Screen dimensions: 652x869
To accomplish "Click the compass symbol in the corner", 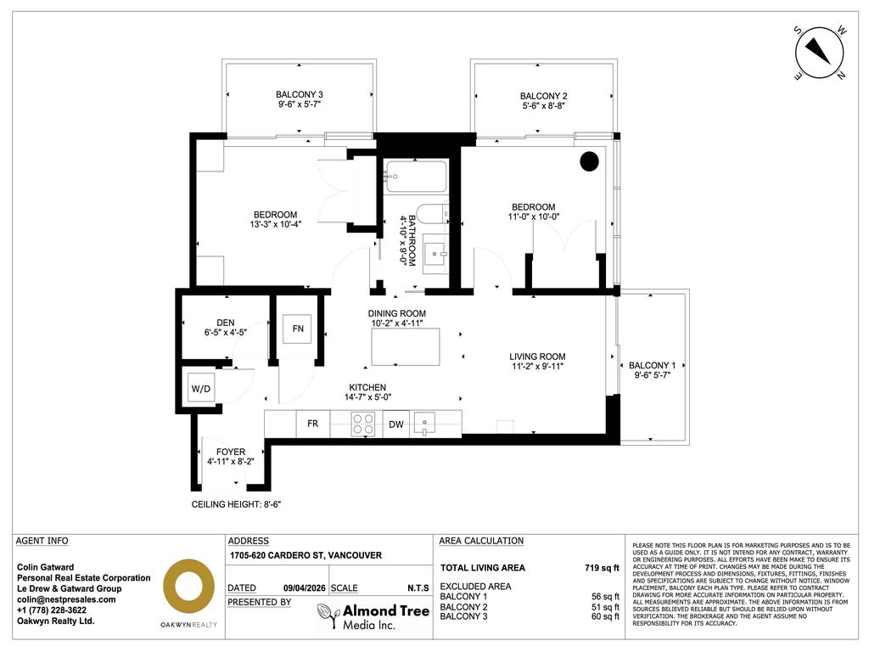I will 820,53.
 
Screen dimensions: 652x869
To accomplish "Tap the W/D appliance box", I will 200,390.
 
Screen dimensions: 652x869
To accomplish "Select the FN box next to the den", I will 298,329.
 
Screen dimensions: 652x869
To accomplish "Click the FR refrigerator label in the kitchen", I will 312,424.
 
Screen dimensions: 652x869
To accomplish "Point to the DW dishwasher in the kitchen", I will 396,424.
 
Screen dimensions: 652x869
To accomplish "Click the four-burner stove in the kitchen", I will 363,424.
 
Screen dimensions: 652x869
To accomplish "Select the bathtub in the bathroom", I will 414,177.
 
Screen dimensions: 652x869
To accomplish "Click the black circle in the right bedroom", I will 590,161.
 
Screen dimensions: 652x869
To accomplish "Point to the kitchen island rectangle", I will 406,346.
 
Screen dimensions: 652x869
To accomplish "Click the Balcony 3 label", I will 299,94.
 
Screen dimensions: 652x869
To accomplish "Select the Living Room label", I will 537,357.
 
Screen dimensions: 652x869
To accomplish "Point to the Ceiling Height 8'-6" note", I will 236,504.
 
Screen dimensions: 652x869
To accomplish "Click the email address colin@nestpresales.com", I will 66,599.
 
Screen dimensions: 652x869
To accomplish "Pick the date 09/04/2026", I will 303,587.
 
